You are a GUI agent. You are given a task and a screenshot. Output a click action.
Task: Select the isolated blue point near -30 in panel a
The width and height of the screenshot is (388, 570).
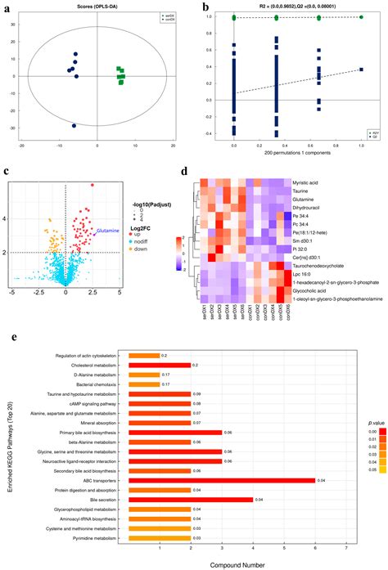point(74,126)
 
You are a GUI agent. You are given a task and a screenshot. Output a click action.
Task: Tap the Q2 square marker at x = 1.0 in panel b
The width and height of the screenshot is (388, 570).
point(361,70)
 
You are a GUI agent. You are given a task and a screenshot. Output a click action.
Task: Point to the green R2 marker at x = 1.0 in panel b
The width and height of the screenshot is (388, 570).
point(361,16)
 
